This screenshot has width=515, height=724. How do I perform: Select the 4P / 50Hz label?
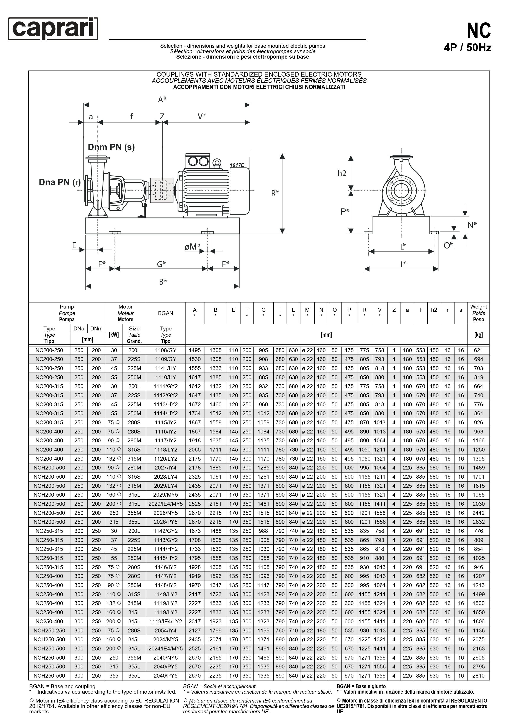pyautogui.click(x=468, y=48)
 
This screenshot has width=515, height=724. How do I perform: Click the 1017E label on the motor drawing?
pyautogui.click(x=237, y=165)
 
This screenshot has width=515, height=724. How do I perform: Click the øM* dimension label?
pyautogui.click(x=193, y=246)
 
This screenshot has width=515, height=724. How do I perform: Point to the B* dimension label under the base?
pyautogui.click(x=163, y=281)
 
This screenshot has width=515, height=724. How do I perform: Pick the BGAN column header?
pyautogui.click(x=165, y=313)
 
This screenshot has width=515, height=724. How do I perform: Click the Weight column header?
pyautogui.click(x=478, y=313)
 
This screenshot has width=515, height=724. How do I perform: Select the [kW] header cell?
pyautogui.click(x=114, y=335)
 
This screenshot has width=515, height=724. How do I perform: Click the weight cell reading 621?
pyautogui.click(x=478, y=350)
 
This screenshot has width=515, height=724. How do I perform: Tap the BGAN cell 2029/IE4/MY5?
pyautogui.click(x=165, y=504)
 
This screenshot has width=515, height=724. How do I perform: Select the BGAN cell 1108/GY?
pyautogui.click(x=165, y=350)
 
